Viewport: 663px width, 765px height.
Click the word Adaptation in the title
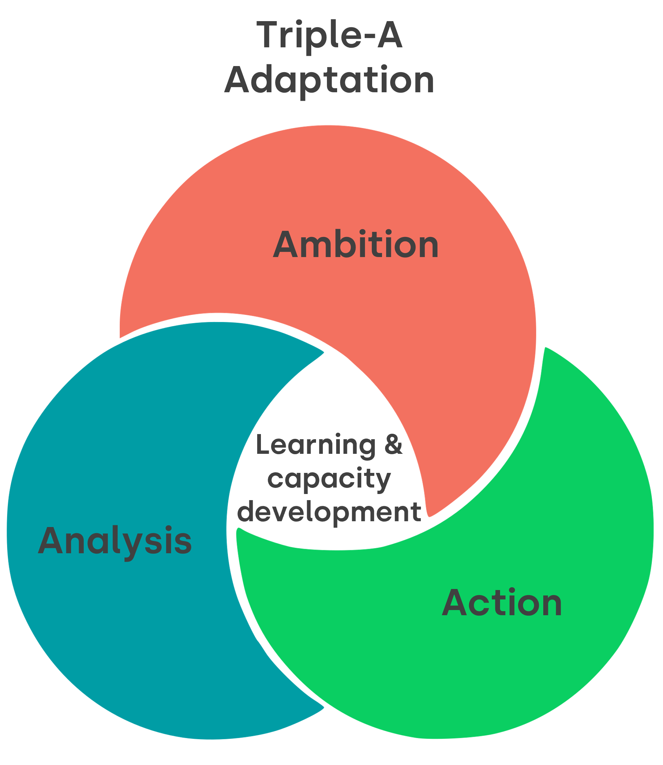pyautogui.click(x=329, y=80)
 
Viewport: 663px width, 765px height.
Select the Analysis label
pyautogui.click(x=115, y=541)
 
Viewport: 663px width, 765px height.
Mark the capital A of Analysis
pyautogui.click(x=50, y=541)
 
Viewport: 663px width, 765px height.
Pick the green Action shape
pyautogui.click(x=481, y=667)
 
